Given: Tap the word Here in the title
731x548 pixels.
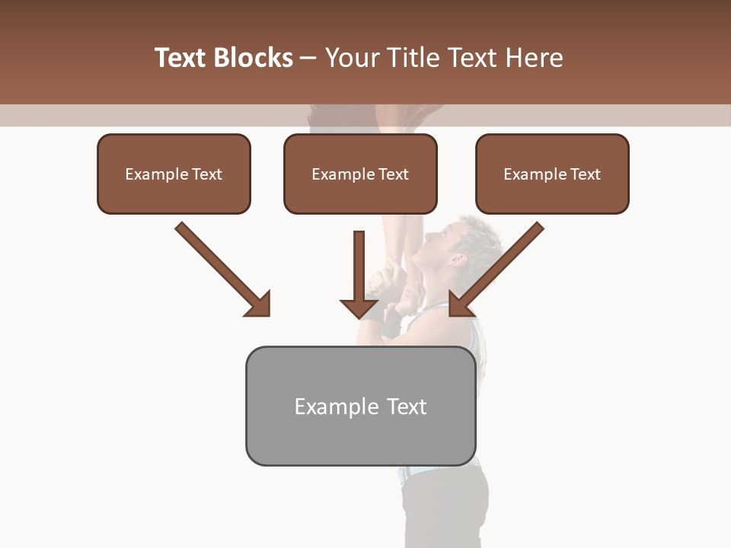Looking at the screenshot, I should (533, 58).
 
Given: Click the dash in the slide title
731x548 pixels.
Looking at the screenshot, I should (308, 59).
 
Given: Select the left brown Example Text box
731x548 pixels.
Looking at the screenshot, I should (174, 174).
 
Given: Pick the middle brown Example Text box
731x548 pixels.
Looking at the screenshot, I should (360, 174).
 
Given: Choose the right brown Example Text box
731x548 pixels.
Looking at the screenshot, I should (552, 174).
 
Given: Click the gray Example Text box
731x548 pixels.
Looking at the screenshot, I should (360, 406).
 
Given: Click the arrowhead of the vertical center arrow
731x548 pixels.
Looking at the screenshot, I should (359, 308).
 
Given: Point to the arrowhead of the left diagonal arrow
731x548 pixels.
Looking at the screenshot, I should (259, 304).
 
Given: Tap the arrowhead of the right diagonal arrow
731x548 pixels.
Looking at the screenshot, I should (460, 304).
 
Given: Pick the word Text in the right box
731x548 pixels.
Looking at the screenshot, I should (586, 174).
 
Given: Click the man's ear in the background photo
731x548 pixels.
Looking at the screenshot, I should (458, 259).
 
